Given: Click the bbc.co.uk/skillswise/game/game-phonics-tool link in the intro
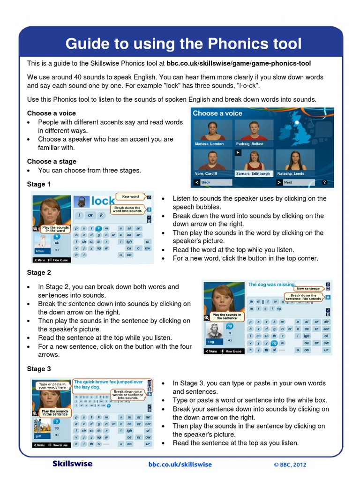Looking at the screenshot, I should click(x=239, y=63).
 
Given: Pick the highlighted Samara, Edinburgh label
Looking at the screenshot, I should click(x=253, y=173).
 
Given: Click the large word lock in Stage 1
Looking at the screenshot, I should click(x=103, y=201).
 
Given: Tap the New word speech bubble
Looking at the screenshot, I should click(x=131, y=197).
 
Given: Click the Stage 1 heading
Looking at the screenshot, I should click(x=39, y=184).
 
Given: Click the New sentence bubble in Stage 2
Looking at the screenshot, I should click(x=308, y=289).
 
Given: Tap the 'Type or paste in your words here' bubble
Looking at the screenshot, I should click(x=52, y=385).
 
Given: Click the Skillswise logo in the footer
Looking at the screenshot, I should click(x=72, y=464).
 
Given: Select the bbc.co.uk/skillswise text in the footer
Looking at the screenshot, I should click(x=180, y=465).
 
